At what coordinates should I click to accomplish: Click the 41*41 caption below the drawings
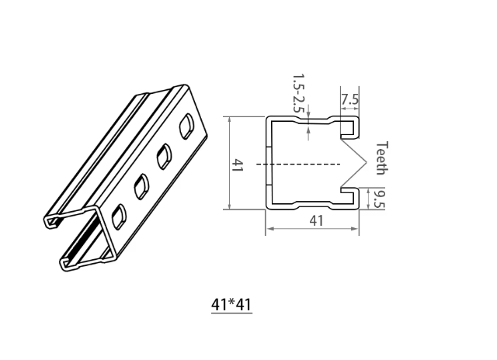(231, 305)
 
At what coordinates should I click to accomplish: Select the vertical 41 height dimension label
(238, 164)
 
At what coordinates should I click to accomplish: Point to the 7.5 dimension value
(350, 99)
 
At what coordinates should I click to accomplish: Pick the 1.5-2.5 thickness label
(297, 93)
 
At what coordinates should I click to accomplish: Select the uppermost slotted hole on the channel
(187, 126)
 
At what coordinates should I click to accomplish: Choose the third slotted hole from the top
(141, 186)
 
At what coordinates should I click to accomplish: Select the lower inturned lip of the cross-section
(352, 199)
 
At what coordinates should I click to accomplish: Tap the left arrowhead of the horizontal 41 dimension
(269, 230)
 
